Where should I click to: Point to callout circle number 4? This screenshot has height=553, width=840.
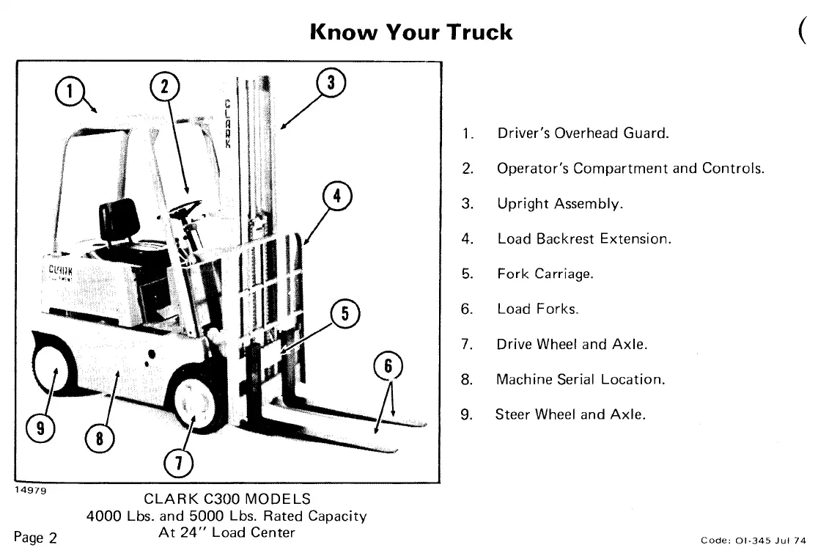coord(336,197)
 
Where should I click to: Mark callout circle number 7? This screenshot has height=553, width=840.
coord(178,464)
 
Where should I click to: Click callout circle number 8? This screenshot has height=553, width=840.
coord(99,441)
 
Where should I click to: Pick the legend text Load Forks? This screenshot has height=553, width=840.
coord(537,310)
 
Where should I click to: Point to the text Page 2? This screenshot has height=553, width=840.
coord(35,538)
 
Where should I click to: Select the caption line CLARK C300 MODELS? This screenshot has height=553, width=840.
coord(227,499)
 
